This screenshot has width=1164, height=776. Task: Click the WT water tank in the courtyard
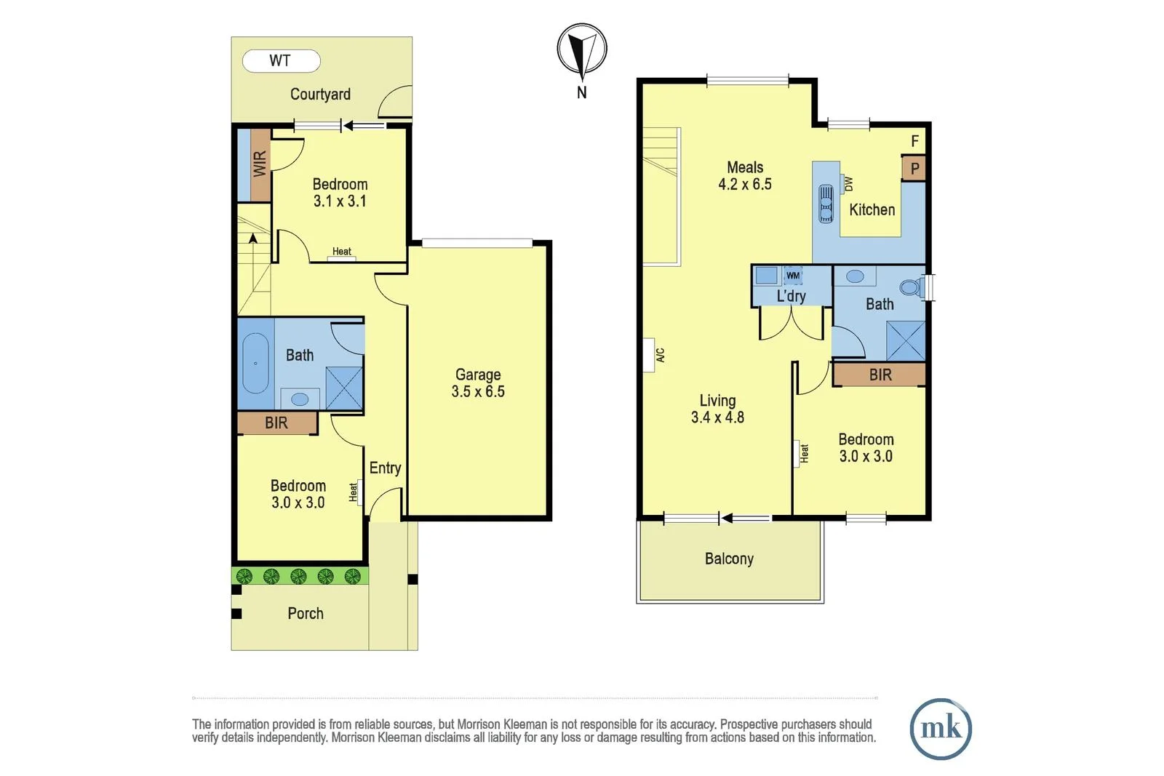tap(281, 61)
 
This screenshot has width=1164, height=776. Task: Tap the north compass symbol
tap(582, 49)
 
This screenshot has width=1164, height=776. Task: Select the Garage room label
tap(478, 375)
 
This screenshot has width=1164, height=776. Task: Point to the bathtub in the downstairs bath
tap(255, 363)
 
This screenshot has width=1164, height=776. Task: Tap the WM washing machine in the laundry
tap(793, 276)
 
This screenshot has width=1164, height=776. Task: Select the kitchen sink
tap(826, 202)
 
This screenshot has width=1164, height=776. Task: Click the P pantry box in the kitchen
tap(914, 169)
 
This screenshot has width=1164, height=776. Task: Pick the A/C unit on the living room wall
tap(660, 355)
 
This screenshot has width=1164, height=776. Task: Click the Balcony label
tap(729, 559)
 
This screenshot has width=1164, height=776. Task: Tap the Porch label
tap(306, 613)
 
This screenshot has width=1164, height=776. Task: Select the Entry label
tap(385, 468)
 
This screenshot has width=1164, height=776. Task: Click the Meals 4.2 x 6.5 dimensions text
tap(745, 185)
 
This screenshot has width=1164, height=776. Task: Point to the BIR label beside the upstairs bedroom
tap(880, 375)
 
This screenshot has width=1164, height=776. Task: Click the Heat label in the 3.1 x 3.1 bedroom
tap(342, 252)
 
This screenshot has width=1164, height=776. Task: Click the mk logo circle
tap(941, 728)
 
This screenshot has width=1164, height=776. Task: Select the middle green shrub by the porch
tap(298, 577)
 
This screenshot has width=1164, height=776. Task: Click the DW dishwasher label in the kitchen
tap(848, 184)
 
